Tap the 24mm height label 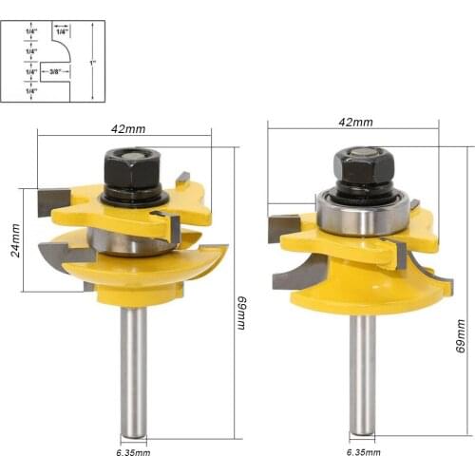[14, 241]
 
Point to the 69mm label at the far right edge [462, 336]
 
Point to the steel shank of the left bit [134, 370]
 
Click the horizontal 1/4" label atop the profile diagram [62, 30]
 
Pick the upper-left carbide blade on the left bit [47, 200]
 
